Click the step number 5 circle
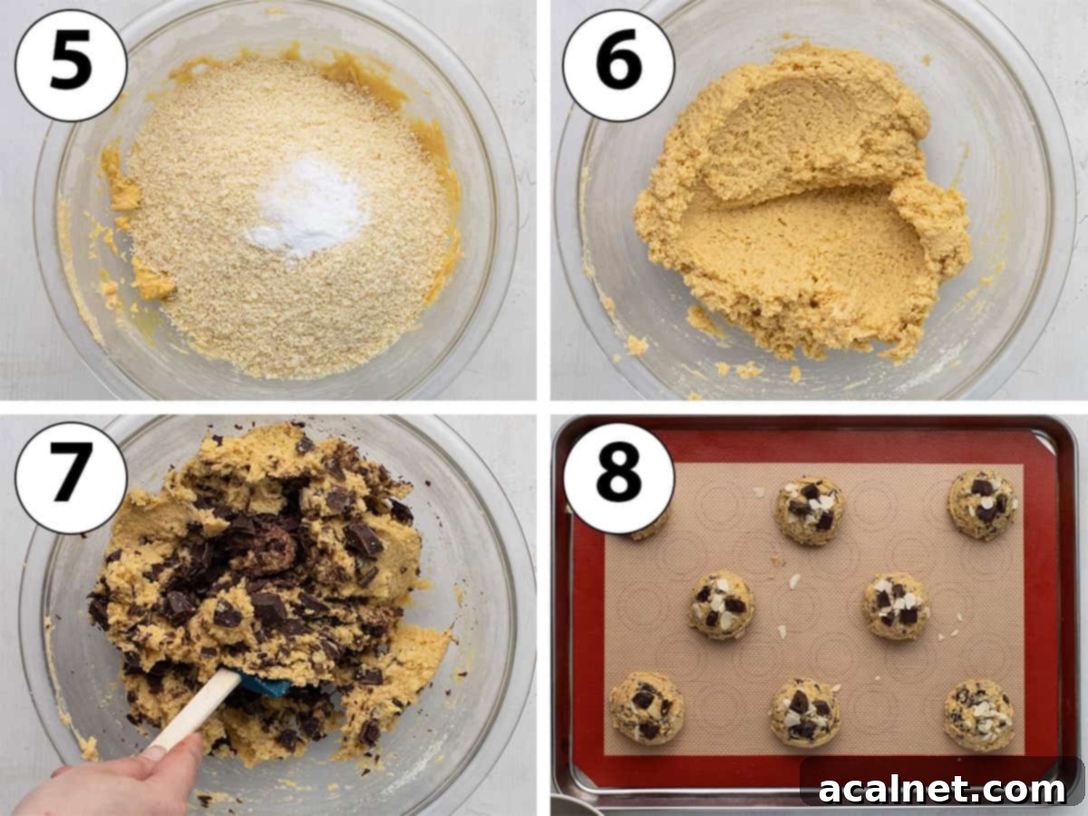click(71, 65)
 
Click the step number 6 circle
click(618, 65)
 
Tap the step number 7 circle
click(71, 478)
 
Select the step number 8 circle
click(618, 478)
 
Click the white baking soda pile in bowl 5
click(304, 209)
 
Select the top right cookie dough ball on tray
click(982, 503)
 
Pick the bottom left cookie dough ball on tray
click(646, 707)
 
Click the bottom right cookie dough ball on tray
click(978, 714)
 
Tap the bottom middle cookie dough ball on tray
click(805, 712)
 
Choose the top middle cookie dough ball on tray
click(809, 510)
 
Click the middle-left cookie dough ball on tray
click(721, 604)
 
